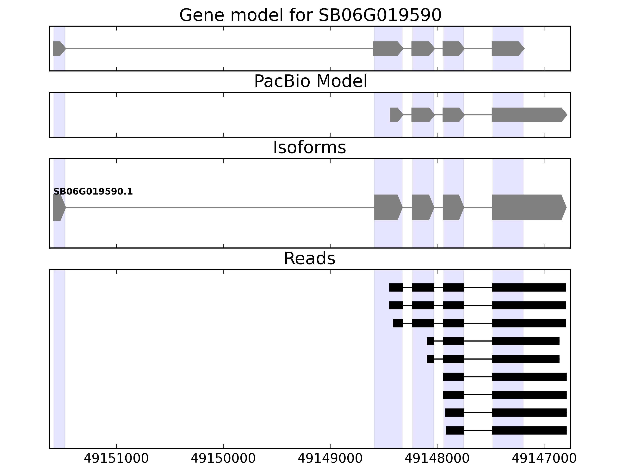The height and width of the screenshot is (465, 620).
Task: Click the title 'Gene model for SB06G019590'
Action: [310, 15]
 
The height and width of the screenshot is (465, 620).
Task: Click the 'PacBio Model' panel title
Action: [310, 81]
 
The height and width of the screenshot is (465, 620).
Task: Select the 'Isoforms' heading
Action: [309, 147]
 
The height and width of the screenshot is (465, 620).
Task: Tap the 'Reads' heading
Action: [309, 258]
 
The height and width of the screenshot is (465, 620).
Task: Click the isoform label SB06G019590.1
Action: [93, 192]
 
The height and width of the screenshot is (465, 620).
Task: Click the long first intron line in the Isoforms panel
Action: [219, 208]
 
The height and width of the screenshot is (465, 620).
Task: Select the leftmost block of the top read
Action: [396, 287]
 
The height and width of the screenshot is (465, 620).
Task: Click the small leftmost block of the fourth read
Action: [431, 341]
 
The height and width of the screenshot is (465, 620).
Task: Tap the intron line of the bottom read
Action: [478, 430]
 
